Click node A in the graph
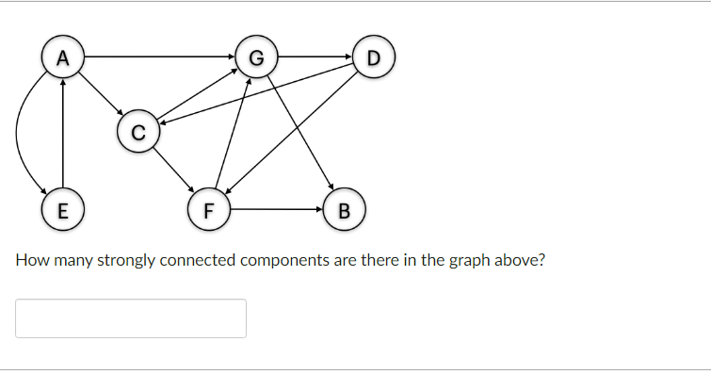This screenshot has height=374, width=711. tap(62, 57)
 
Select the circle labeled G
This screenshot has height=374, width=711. tap(255, 57)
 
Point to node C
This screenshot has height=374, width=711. tap(137, 131)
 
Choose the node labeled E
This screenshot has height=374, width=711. tap(62, 207)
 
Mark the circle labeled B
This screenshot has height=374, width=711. tap(343, 207)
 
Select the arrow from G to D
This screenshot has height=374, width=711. tap(314, 57)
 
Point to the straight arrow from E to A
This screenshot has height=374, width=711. tap(62, 132)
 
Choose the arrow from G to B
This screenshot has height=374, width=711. tap(299, 132)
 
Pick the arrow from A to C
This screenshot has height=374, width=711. tap(100, 94)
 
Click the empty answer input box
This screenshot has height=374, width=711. tap(131, 318)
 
